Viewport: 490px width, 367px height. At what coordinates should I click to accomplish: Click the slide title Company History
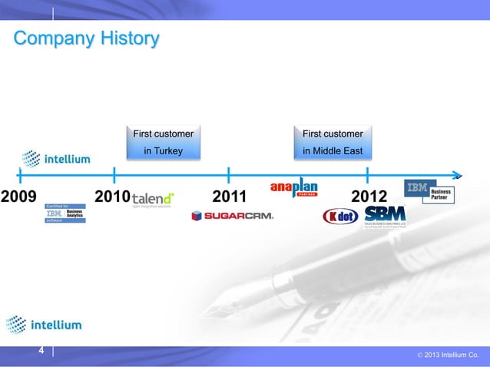(x=86, y=38)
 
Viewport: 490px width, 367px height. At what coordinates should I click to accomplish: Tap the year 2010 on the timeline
(x=111, y=198)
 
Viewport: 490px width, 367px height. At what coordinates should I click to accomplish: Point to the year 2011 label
(x=228, y=198)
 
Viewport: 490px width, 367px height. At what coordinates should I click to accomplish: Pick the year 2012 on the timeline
(x=368, y=198)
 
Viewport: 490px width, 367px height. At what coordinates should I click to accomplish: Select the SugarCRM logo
(x=232, y=216)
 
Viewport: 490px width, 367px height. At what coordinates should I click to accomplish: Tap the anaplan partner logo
(x=293, y=188)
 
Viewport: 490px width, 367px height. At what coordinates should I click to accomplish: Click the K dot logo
(x=339, y=217)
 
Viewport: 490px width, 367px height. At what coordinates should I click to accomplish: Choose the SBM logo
(x=385, y=216)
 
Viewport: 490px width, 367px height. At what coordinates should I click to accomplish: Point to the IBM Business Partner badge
(x=429, y=191)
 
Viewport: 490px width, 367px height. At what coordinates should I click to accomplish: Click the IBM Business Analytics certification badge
(x=65, y=213)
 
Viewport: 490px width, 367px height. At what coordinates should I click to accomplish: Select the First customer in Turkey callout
(x=164, y=142)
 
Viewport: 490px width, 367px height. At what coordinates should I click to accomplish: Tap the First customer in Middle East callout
(x=333, y=142)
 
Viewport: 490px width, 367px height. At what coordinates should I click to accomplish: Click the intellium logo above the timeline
(x=56, y=159)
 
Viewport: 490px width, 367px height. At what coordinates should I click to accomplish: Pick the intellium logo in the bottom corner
(x=43, y=325)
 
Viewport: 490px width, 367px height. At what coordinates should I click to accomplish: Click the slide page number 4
(x=41, y=351)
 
